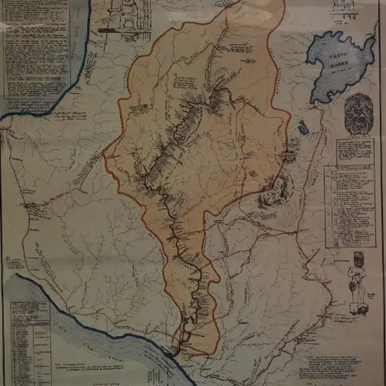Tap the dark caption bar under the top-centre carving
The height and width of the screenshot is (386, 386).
coord(112,32)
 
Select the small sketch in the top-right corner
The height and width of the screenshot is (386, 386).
coord(344,11)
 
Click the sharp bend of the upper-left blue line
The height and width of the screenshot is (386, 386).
coord(70,91)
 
